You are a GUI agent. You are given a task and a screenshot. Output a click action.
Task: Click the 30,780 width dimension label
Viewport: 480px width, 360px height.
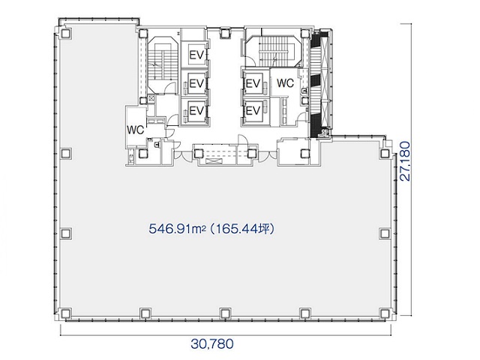pos(212,344)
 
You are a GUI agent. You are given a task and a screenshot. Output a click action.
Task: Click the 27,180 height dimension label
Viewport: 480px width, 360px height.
pos(405,161)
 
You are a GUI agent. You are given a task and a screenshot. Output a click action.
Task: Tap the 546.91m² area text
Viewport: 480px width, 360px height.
pos(177,229)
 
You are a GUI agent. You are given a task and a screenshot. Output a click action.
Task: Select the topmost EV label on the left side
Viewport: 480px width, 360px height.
pos(196,55)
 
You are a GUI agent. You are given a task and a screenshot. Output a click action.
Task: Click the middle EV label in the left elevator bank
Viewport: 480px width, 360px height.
pos(196,83)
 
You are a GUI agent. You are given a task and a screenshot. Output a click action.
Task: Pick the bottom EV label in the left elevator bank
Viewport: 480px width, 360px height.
pos(196,110)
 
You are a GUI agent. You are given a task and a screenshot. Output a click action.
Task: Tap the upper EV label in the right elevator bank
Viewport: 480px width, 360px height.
pos(253,83)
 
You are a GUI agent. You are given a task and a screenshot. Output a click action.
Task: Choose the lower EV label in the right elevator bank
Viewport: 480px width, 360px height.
pos(253,110)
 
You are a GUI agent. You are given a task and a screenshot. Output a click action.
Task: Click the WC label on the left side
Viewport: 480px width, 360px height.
pos(135,130)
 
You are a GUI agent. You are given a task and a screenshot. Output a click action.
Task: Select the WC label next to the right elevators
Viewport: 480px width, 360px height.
pos(285,83)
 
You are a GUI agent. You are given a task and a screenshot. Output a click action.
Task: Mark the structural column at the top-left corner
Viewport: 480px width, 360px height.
pos(65,33)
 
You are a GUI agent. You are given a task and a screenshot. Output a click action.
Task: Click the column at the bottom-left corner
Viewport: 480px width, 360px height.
pos(65,313)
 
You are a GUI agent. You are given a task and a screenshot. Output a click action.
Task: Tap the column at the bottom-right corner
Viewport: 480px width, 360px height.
pos(385,313)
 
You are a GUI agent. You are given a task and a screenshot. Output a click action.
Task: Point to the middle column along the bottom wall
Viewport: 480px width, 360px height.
pos(225,313)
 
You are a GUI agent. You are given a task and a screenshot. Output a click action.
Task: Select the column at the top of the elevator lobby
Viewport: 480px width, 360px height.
pos(225,33)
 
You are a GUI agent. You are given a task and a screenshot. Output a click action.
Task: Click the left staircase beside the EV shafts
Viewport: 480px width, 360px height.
pos(162,65)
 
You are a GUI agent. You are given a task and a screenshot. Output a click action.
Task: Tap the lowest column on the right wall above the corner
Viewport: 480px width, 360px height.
pos(385,233)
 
